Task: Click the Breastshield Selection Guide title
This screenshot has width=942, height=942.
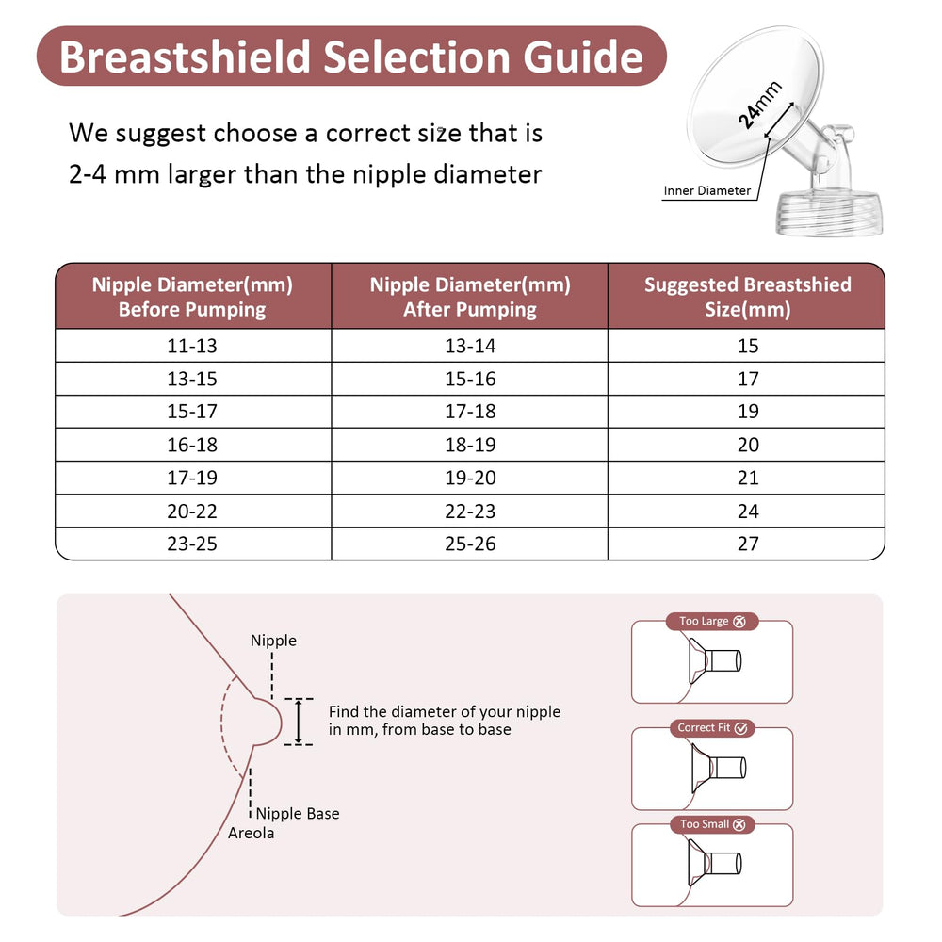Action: point(350,57)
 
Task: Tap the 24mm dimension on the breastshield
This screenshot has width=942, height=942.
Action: point(760,105)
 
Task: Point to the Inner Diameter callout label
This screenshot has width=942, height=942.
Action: point(706,191)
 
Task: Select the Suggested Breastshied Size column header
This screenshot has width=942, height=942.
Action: point(747,297)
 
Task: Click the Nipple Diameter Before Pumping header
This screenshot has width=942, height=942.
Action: point(192,297)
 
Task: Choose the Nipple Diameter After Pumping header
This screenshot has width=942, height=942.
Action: point(469,297)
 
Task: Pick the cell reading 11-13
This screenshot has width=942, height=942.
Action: point(192,346)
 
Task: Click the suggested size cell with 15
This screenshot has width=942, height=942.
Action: point(748,346)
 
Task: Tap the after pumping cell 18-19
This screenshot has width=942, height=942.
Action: point(469,445)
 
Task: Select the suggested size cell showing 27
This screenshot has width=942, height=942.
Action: point(748,544)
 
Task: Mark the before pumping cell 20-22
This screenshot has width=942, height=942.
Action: point(192,511)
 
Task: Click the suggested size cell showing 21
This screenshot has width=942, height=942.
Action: point(748,478)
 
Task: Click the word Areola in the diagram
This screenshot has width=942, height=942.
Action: point(252,834)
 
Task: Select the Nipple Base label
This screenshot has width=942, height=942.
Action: point(298,814)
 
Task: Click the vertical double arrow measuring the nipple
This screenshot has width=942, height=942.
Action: point(299,723)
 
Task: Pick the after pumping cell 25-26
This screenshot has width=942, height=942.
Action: point(469,544)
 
